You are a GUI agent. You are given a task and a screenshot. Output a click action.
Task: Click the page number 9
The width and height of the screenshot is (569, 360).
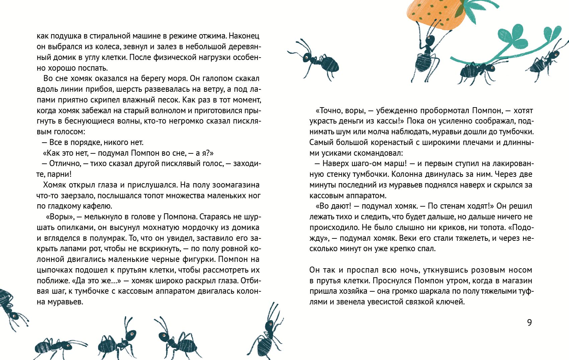529,322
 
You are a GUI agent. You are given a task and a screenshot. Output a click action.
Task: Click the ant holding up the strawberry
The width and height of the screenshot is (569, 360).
425,54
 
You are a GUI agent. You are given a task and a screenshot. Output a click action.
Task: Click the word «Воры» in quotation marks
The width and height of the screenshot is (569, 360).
60,217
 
